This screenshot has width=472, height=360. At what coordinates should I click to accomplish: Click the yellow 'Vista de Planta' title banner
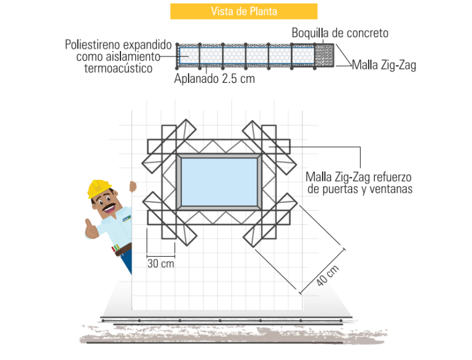pos(244,12)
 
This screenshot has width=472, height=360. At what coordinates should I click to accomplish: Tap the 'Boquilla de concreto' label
pos(340,33)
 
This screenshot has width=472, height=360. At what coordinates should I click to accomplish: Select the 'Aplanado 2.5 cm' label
pos(214,79)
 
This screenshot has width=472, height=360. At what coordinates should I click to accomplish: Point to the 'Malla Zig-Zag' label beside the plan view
pos(384,65)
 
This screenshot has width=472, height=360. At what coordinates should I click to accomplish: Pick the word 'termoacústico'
pos(118,68)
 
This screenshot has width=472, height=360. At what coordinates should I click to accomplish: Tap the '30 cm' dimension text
pos(161,264)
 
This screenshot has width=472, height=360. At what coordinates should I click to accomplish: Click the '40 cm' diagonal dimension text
pos(328,275)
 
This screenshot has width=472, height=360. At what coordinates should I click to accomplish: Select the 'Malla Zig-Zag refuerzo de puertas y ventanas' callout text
pos(359,183)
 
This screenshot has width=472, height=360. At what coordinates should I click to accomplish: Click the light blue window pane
pos(219,182)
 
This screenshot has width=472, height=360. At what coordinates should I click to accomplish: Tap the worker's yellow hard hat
pos(99,188)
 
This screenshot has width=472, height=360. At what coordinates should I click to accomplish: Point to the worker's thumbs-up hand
pos(91,229)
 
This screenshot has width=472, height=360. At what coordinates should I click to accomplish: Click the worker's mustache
pos(109,207)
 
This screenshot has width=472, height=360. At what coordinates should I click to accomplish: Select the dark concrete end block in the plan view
pos(324,55)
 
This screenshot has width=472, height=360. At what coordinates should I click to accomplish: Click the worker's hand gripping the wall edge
pos(133,187)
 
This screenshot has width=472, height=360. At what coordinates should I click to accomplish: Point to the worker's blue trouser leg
pos(127,261)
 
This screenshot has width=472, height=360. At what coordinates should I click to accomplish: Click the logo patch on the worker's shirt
pos(127,218)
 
